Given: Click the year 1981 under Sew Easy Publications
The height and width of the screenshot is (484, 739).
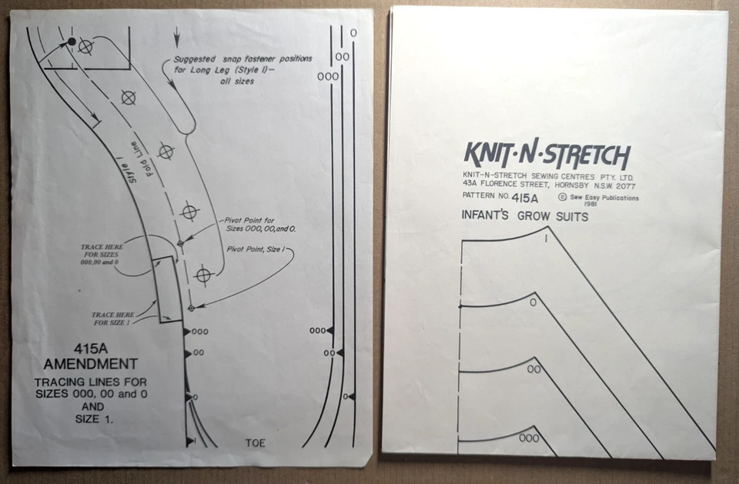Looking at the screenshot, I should point(591,204).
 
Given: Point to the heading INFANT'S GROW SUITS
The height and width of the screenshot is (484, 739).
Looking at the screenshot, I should point(524,217).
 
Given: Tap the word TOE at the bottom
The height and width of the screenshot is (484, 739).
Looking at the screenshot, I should point(255,442).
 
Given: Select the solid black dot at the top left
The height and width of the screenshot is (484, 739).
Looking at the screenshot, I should point(72,41).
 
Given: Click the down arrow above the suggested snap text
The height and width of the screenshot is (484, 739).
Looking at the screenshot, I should point(178,35).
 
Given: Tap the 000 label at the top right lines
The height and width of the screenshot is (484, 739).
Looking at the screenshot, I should point(328,77).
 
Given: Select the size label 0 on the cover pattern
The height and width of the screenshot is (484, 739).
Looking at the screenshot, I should point(533,302).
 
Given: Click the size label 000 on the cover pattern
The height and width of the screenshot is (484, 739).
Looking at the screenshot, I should point(528,438).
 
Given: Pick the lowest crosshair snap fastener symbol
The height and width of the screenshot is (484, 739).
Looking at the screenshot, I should point(203,275).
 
